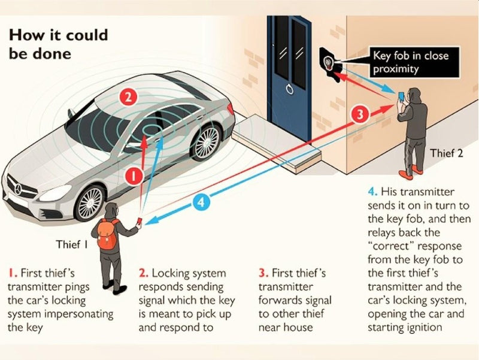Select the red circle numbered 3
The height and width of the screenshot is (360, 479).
359,114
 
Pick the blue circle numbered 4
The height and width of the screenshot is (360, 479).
202,202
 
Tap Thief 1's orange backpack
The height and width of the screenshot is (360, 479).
107,234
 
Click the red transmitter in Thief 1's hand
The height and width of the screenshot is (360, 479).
141,222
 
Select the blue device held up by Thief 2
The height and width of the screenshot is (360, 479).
401,96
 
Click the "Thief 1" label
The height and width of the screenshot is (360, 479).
72,244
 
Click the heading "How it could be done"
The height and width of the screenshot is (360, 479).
58,44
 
